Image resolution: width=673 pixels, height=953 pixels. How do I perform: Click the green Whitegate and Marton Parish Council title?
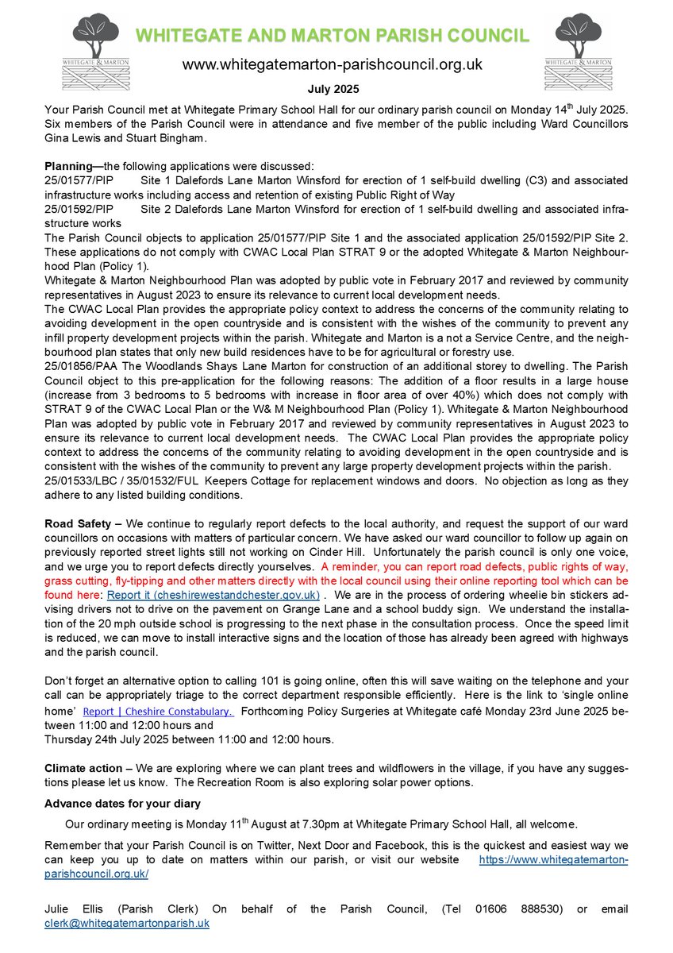point(331,35)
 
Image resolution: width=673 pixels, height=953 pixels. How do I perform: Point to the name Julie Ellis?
point(69,909)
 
